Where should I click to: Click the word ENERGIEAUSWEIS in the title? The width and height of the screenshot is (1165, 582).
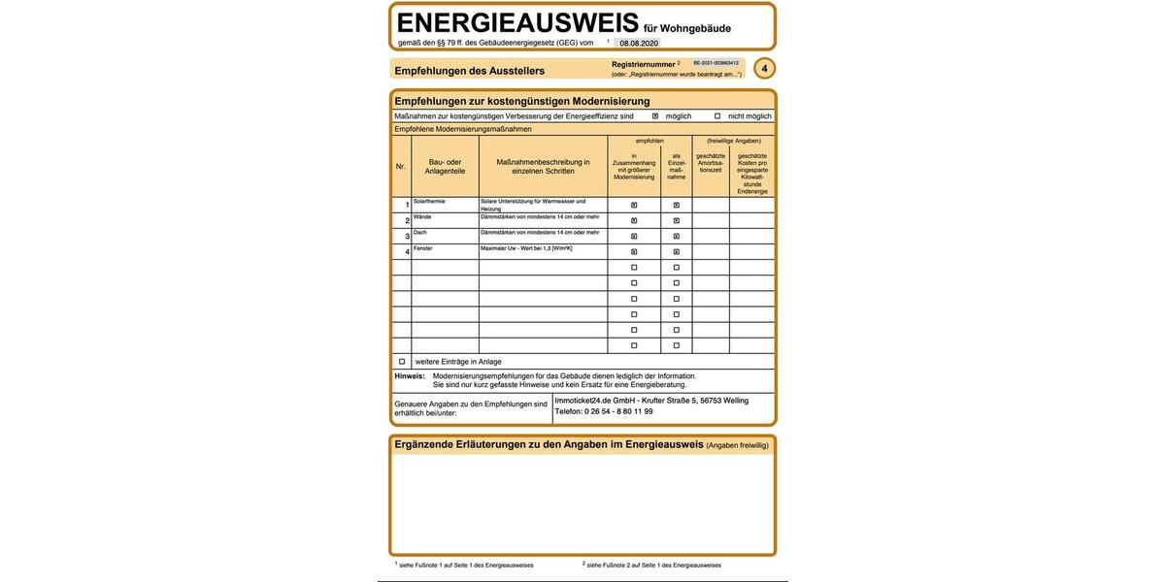pyautogui.click(x=517, y=23)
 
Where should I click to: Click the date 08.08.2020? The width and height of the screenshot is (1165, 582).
pyautogui.click(x=639, y=44)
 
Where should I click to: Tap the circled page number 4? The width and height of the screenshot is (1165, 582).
pyautogui.click(x=764, y=69)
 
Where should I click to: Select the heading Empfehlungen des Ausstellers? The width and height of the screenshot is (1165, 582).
pyautogui.click(x=469, y=71)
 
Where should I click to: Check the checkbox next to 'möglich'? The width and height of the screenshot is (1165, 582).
pyautogui.click(x=655, y=116)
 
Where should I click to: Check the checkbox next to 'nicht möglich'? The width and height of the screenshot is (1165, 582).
pyautogui.click(x=717, y=116)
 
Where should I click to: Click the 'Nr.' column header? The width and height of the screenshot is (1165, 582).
pyautogui.click(x=401, y=166)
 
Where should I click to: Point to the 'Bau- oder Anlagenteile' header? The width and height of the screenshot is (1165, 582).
pyautogui.click(x=445, y=166)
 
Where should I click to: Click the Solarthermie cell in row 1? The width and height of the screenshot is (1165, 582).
pyautogui.click(x=429, y=202)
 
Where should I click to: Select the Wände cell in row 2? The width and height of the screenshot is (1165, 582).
pyautogui.click(x=422, y=217)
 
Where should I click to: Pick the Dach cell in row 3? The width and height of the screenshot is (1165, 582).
pyautogui.click(x=420, y=233)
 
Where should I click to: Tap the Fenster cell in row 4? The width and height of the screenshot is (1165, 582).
pyautogui.click(x=423, y=248)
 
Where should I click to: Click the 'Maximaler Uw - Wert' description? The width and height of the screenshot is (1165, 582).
pyautogui.click(x=526, y=248)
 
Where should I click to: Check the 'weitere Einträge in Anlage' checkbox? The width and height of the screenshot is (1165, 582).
pyautogui.click(x=402, y=362)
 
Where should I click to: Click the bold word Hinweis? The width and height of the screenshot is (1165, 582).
pyautogui.click(x=409, y=376)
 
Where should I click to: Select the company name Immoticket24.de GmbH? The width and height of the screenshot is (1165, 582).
pyautogui.click(x=595, y=401)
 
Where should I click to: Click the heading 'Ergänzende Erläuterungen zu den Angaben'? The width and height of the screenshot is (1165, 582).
pyautogui.click(x=549, y=445)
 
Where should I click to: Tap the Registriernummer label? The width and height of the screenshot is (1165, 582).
pyautogui.click(x=643, y=64)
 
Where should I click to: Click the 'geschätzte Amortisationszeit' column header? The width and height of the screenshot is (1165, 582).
pyautogui.click(x=711, y=163)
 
